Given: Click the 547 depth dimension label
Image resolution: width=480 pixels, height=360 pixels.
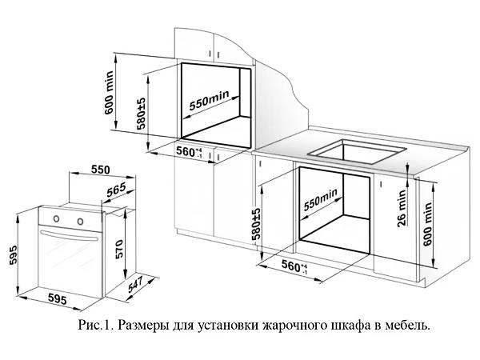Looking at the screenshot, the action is [136, 284].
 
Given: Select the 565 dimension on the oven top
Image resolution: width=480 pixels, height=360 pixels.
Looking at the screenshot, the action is [117, 190].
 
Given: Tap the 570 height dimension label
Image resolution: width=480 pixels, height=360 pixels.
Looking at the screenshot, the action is [119, 249].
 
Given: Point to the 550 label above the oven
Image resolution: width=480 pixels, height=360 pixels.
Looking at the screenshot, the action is [101, 170].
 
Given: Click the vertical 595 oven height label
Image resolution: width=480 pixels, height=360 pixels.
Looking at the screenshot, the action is [13, 254].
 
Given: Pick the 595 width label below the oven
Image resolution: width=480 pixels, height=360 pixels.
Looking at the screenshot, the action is [58, 298].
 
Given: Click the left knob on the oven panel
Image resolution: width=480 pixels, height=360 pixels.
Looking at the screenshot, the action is [56, 218].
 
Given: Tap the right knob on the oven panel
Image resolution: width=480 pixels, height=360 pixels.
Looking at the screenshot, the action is [80, 221].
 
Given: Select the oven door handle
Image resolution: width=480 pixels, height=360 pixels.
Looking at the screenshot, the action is [70, 235].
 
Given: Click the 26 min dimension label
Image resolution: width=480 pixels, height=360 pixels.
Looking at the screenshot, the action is [402, 209].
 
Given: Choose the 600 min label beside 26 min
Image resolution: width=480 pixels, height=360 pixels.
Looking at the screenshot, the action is [428, 224].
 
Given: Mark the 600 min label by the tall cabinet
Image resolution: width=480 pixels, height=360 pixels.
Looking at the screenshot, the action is [109, 93].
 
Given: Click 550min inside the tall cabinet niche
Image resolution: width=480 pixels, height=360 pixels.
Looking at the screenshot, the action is [209, 100].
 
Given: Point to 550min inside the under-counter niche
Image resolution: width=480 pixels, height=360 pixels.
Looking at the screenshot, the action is [321, 199].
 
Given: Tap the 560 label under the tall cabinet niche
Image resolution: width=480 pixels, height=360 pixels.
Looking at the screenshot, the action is [189, 151].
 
